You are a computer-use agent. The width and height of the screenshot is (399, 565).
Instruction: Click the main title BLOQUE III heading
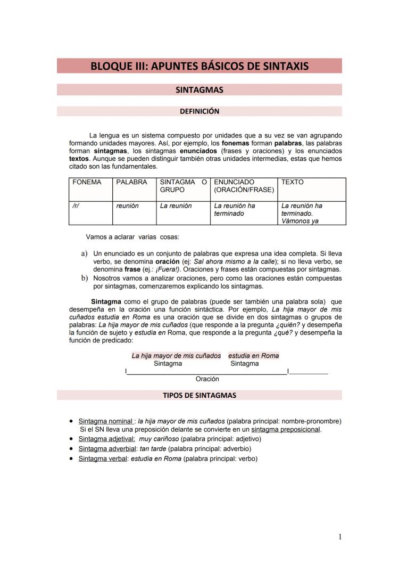tap(199, 66)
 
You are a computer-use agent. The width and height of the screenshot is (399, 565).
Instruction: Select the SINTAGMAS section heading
tap(199, 90)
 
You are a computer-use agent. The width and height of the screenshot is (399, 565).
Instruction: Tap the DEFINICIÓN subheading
tap(199, 111)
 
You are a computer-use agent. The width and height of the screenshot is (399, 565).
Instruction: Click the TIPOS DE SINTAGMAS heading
tap(199, 396)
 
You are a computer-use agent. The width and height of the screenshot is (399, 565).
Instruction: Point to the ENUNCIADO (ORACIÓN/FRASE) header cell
tap(244, 186)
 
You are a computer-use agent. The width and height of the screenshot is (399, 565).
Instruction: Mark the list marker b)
tap(84, 277)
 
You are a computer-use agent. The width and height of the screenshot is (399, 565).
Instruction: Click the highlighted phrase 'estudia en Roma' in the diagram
tap(253, 356)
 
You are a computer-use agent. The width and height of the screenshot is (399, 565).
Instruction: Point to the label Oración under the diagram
tap(207, 379)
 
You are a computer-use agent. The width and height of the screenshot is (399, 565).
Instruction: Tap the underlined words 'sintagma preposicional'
tap(286, 429)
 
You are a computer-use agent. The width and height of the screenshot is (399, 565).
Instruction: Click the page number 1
tap(340, 537)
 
